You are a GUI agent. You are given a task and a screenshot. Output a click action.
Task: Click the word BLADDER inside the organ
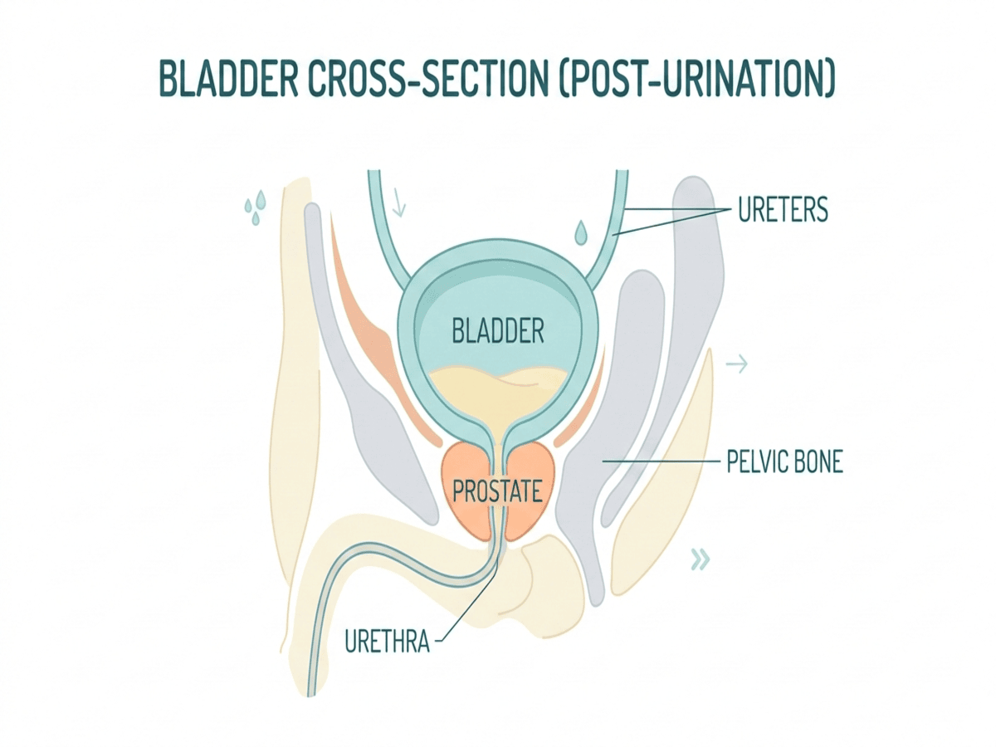pyautogui.click(x=498, y=333)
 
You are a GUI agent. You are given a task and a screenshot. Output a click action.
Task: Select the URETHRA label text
pyautogui.click(x=387, y=641)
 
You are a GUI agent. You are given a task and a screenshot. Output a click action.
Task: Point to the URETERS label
pyautogui.click(x=783, y=210)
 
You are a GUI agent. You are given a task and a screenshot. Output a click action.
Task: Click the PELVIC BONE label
pyautogui.click(x=784, y=461)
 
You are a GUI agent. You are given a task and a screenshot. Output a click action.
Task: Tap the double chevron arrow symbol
pyautogui.click(x=701, y=561)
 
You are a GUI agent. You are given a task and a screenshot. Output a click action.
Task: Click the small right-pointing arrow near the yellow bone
pyautogui.click(x=736, y=364)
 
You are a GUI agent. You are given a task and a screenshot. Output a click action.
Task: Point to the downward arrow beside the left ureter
pyautogui.click(x=398, y=201)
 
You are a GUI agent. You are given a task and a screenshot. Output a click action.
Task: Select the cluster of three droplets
pyautogui.click(x=255, y=207)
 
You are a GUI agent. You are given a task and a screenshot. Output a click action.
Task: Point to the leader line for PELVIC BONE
pyautogui.click(x=656, y=460)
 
